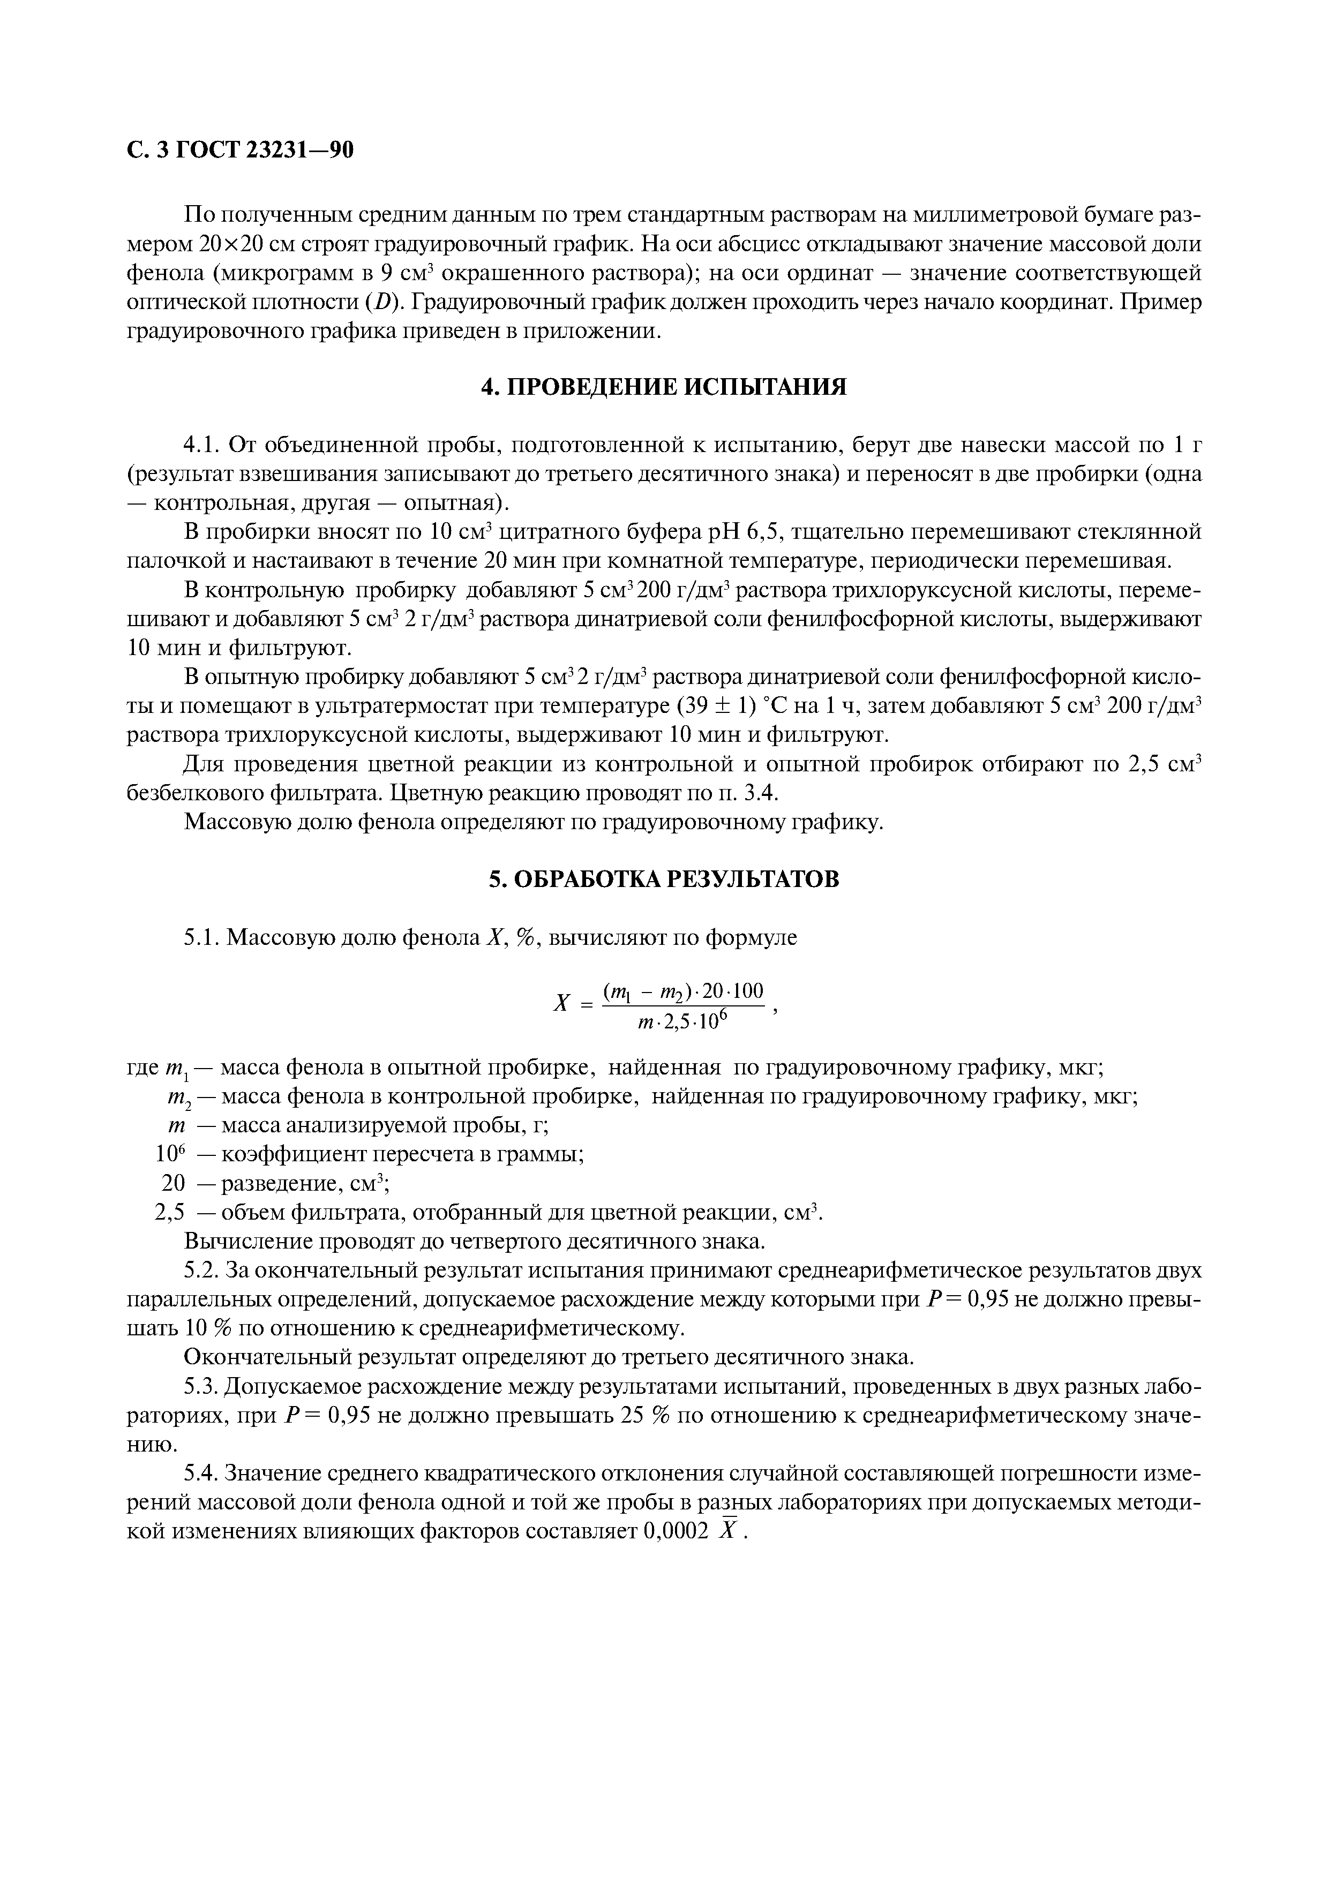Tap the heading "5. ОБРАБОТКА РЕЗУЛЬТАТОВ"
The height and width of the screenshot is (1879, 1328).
coord(664,879)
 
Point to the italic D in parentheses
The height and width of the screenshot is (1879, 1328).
coord(381,302)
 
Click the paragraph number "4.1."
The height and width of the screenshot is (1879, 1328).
coord(202,445)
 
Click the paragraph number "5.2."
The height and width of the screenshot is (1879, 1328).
coord(202,1270)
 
